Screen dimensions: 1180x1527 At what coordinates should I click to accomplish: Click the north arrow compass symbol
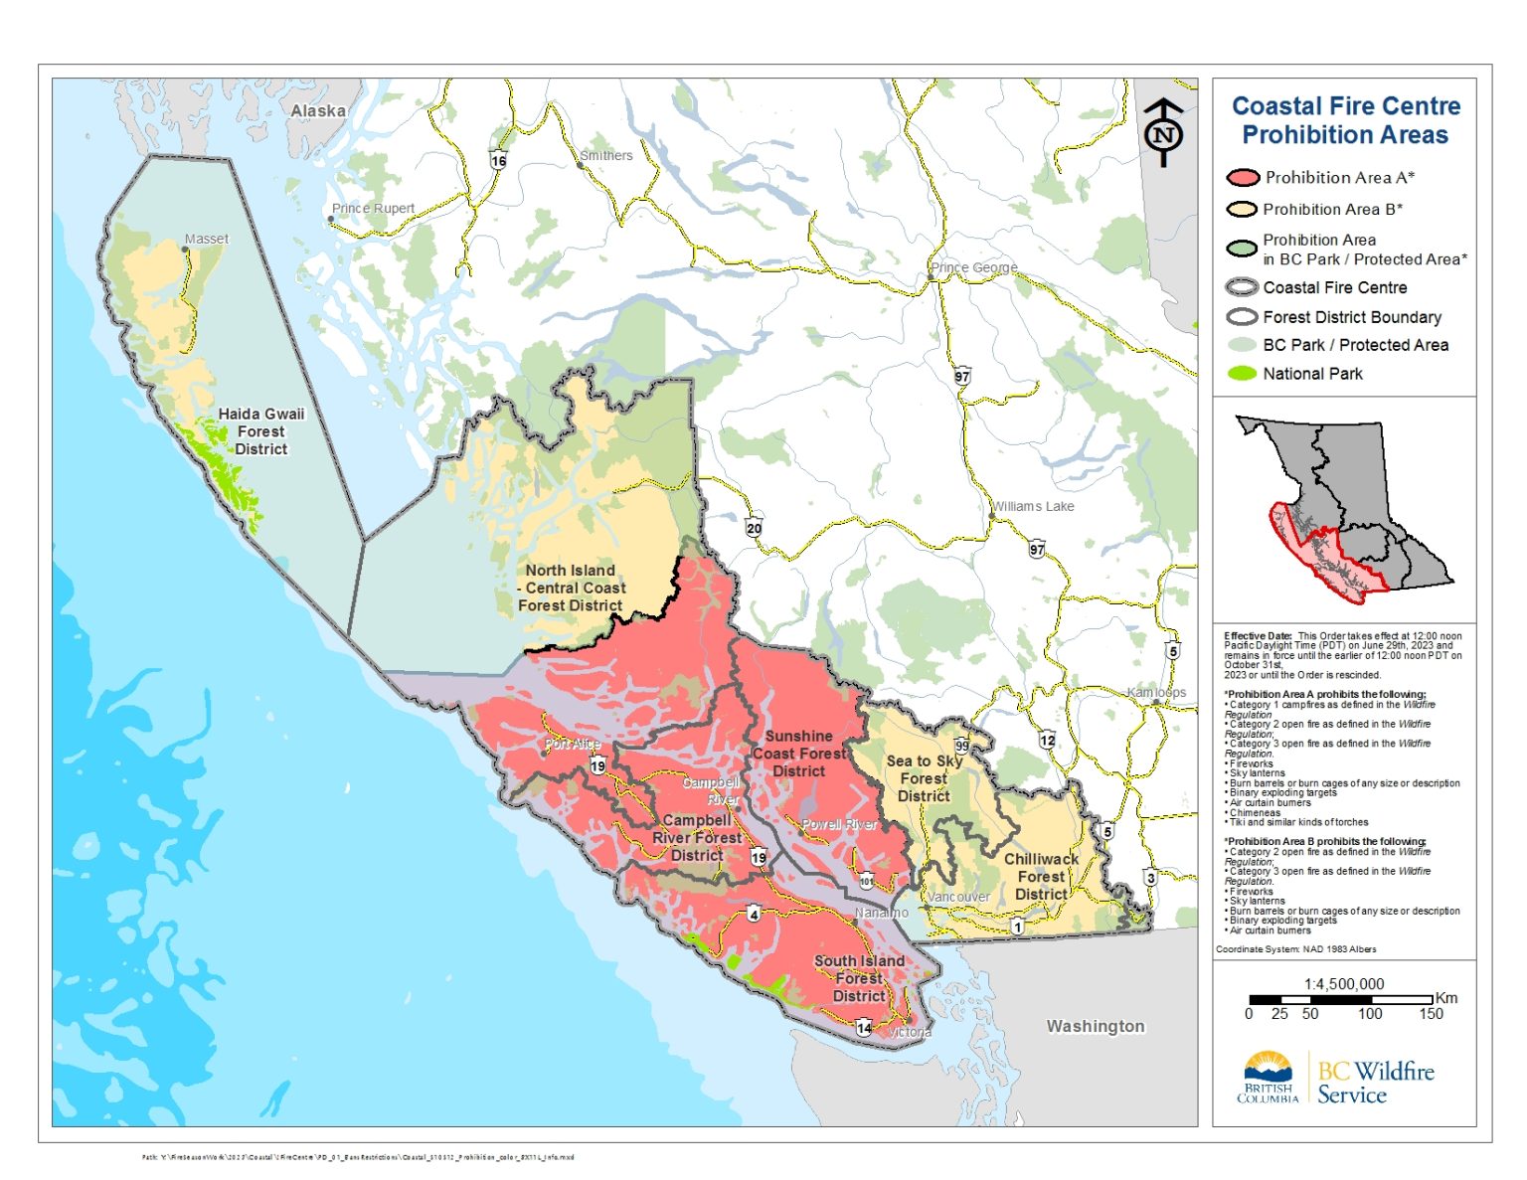tap(1163, 132)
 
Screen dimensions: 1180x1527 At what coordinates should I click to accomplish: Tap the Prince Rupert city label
tap(373, 209)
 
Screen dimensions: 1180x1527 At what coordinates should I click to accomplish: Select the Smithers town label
tap(606, 156)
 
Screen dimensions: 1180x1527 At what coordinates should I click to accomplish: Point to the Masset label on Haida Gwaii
tap(206, 240)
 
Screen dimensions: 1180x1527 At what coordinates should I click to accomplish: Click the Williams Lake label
tap(1033, 507)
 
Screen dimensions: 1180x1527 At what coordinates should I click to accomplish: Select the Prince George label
tap(973, 268)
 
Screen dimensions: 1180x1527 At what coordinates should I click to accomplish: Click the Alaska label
tap(318, 111)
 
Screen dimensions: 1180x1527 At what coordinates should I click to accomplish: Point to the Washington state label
tap(1095, 1027)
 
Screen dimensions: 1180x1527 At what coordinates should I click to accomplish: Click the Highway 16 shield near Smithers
tap(498, 160)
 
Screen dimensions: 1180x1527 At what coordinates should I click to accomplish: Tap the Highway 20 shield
tap(754, 528)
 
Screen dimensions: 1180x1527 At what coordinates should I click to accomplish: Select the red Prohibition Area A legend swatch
tap(1242, 178)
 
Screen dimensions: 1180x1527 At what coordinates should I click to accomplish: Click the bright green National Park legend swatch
tap(1242, 374)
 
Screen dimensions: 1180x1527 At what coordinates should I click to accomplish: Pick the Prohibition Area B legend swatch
tap(1242, 210)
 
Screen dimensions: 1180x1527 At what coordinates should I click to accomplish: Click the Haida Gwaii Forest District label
tap(260, 431)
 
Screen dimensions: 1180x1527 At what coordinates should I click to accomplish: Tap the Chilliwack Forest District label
tap(1041, 877)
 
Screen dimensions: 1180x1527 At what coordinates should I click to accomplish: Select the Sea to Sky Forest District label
tap(924, 778)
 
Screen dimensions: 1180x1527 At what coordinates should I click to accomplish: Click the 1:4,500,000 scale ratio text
tap(1343, 984)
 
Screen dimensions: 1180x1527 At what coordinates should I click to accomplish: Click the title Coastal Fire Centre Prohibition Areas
tap(1345, 120)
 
